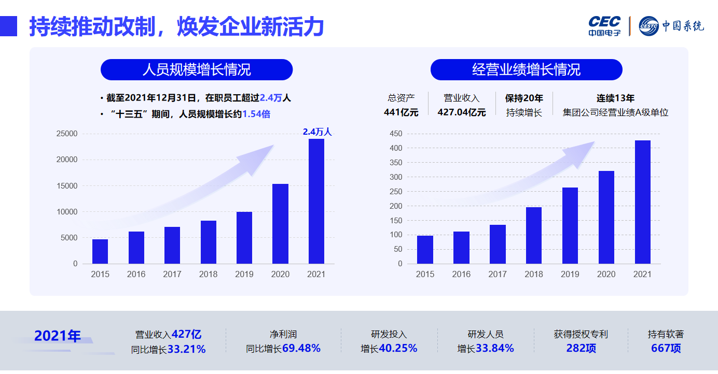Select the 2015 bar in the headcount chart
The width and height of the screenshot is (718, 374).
100,251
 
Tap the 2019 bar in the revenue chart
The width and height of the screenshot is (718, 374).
570,225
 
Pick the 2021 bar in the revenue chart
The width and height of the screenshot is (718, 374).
642,202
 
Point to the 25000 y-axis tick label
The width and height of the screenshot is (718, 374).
66,134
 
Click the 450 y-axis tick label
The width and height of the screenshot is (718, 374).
396,134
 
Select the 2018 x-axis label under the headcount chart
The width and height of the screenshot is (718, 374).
208,274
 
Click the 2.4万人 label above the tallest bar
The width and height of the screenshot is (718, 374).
317,132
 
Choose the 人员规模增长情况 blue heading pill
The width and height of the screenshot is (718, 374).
197,69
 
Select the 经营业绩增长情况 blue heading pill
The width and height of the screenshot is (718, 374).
526,69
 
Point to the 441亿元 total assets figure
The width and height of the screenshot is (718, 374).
401,112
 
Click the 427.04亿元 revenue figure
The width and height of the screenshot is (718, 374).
462,112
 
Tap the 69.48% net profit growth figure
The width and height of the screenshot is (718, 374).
301,348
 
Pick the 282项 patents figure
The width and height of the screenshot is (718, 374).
581,348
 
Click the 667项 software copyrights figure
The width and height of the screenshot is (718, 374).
666,348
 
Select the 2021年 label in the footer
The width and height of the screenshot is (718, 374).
58,336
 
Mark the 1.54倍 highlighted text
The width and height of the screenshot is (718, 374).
256,114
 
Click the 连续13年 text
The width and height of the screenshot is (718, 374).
615,98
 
